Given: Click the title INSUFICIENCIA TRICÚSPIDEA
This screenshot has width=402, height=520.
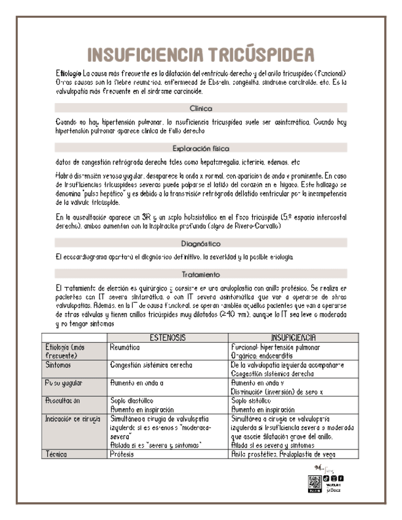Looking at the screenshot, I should click(201, 55).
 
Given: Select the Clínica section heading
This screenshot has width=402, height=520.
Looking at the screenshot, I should click(201, 108).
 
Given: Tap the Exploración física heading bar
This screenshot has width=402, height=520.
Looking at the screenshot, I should click(201, 148).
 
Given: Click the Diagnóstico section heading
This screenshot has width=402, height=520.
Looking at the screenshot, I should click(201, 243).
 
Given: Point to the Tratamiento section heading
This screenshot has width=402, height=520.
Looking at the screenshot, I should click(201, 274).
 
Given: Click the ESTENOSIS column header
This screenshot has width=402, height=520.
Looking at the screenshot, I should click(168, 337).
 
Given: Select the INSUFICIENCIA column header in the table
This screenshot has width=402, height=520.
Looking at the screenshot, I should click(288, 337).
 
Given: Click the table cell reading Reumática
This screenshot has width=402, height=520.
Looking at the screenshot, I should click(125, 347).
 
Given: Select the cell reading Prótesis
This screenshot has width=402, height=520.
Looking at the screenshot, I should click(122, 454).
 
